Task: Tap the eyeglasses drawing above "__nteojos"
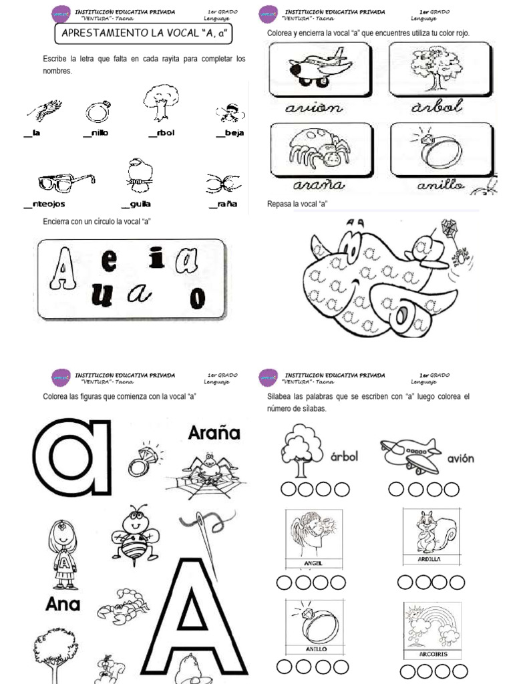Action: coord(66,181)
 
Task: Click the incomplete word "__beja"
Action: coord(230,133)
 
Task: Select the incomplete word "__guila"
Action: coord(136,204)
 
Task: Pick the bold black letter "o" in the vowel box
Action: coord(196,299)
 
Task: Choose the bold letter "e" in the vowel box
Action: coord(109,263)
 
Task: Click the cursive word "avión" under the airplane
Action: coord(313,107)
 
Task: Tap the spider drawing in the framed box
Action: coord(316,150)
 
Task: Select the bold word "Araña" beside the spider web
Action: coord(214,432)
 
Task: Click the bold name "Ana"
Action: coord(63,605)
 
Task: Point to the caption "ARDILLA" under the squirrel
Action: coord(430,560)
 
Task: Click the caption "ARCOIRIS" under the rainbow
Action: coord(430,655)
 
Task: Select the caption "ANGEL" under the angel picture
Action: coord(313,563)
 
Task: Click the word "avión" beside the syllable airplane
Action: coord(460,458)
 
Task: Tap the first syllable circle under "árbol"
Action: coord(289,490)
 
